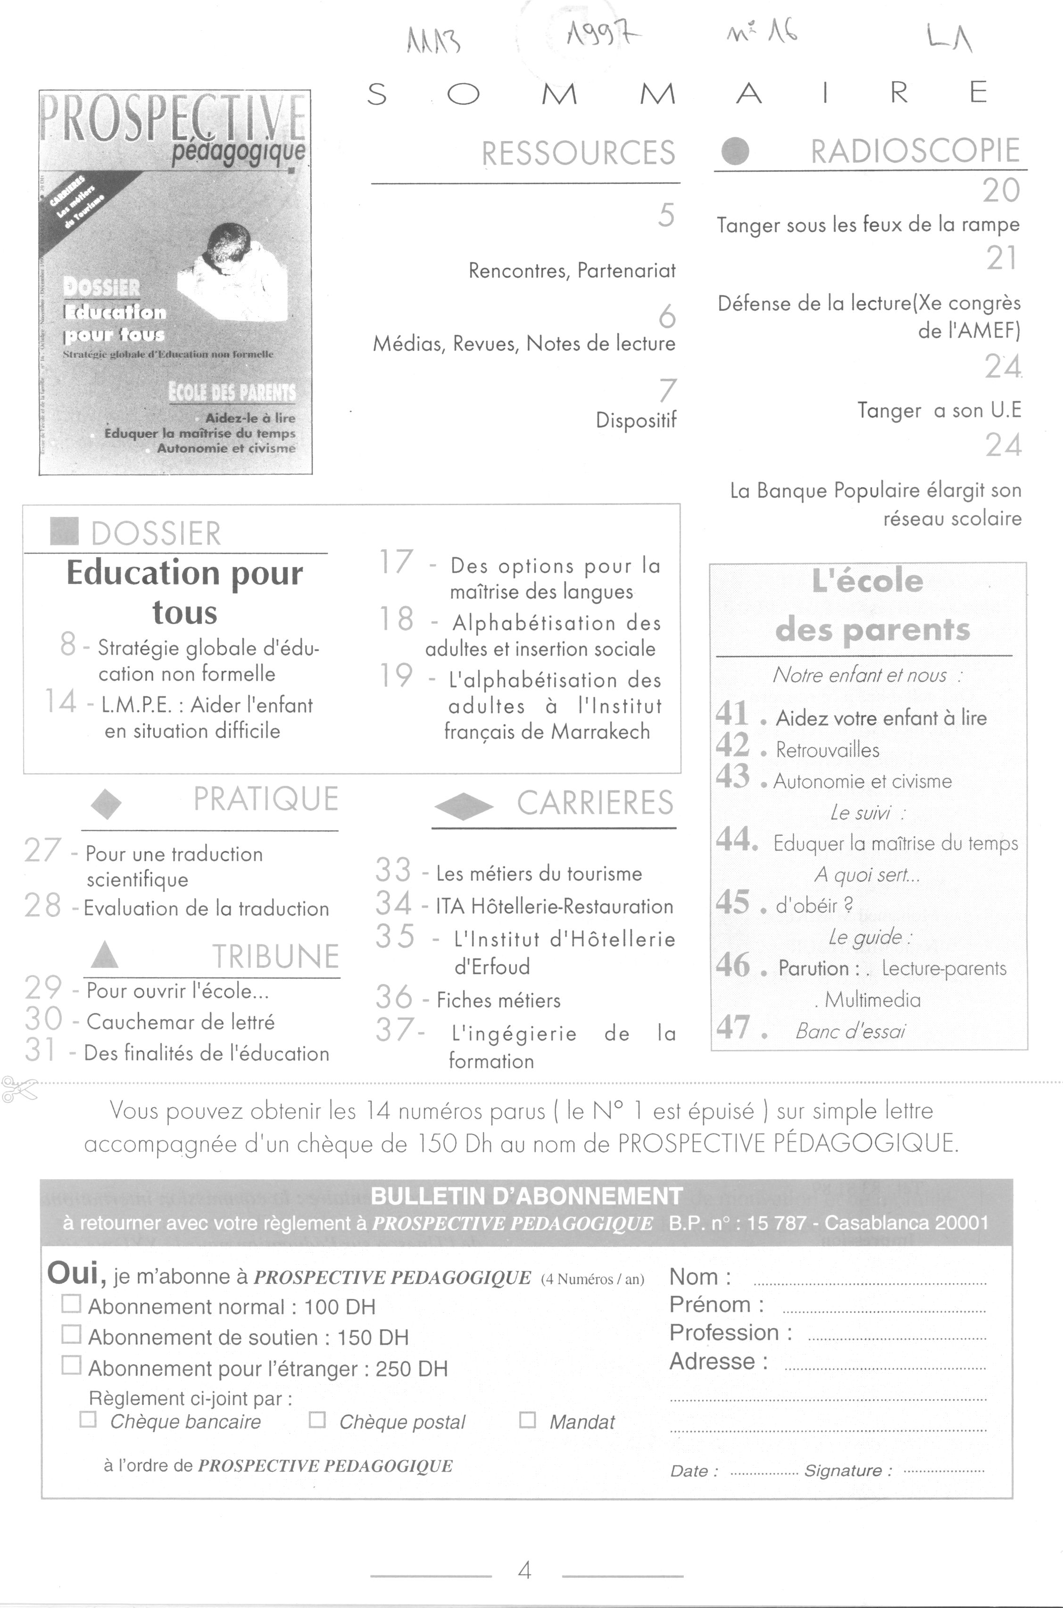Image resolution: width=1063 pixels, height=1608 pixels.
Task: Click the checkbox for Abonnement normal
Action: [71, 1304]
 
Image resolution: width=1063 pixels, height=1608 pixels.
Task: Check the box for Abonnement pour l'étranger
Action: [71, 1365]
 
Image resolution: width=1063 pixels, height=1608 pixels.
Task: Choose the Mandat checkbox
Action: [527, 1419]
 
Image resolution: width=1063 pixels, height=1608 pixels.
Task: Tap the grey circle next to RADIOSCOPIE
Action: [736, 151]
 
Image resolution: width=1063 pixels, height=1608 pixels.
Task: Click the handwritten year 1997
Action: [603, 31]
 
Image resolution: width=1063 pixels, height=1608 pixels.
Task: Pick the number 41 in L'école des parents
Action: [732, 713]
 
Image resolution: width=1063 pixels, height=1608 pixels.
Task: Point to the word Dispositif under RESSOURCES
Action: [636, 420]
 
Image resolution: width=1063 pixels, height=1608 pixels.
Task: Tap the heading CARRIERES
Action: [595, 803]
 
